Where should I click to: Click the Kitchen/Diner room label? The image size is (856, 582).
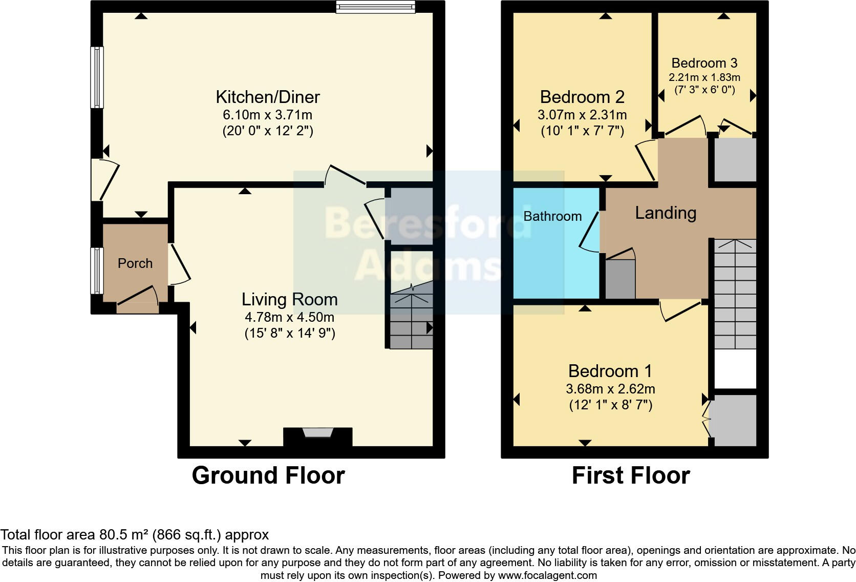click(267, 97)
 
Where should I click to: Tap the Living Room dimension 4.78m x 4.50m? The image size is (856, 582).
click(289, 317)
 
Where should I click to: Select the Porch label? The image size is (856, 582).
click(135, 263)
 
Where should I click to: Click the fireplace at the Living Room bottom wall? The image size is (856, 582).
click(317, 434)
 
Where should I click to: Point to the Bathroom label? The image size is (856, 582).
click(552, 216)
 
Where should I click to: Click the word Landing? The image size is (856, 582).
click(666, 213)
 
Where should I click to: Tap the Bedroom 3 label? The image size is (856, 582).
click(704, 63)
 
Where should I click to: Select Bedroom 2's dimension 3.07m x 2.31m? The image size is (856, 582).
click(582, 115)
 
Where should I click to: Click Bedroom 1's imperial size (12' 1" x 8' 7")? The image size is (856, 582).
click(610, 405)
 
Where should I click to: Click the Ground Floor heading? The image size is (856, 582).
click(268, 475)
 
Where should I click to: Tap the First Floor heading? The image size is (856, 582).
click(630, 475)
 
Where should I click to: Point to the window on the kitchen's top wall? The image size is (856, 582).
click(375, 7)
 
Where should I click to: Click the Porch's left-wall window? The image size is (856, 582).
click(97, 271)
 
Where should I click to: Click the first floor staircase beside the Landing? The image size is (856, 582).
click(735, 295)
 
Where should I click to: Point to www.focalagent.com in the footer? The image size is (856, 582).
click(547, 575)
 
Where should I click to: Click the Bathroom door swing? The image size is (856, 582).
click(590, 232)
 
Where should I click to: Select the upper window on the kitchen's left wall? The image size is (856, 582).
click(97, 77)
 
